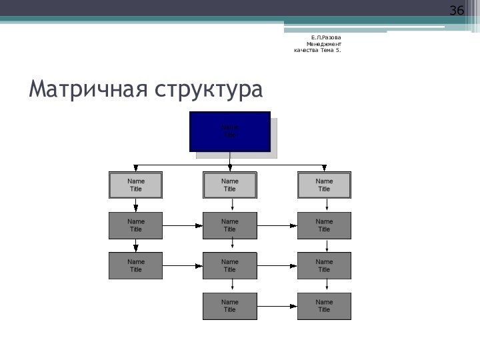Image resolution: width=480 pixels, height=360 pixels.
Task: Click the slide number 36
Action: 456,11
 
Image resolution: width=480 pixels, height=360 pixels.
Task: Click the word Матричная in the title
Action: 87,89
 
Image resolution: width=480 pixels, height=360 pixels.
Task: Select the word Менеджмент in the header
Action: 323,43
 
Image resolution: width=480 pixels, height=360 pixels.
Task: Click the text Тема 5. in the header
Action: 330,50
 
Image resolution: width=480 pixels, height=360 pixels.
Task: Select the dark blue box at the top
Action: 230,131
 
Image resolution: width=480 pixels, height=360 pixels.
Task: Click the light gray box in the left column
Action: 136,185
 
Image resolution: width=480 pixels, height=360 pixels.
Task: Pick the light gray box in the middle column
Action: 230,185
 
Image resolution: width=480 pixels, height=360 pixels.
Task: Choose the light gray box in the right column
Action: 324,185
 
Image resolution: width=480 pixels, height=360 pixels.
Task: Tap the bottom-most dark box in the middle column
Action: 230,306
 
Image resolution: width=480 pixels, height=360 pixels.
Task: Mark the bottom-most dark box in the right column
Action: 324,306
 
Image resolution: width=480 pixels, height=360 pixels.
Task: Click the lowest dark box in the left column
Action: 136,265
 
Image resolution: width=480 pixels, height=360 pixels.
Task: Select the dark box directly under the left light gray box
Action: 136,225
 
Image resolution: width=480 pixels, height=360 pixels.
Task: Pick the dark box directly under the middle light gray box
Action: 230,225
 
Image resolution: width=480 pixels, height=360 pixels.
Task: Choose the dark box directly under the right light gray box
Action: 324,225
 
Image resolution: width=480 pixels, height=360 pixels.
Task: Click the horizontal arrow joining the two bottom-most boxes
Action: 277,306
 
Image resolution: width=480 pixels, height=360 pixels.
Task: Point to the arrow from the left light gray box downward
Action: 136,205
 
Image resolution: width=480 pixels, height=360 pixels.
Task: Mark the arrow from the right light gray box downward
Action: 327,205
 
